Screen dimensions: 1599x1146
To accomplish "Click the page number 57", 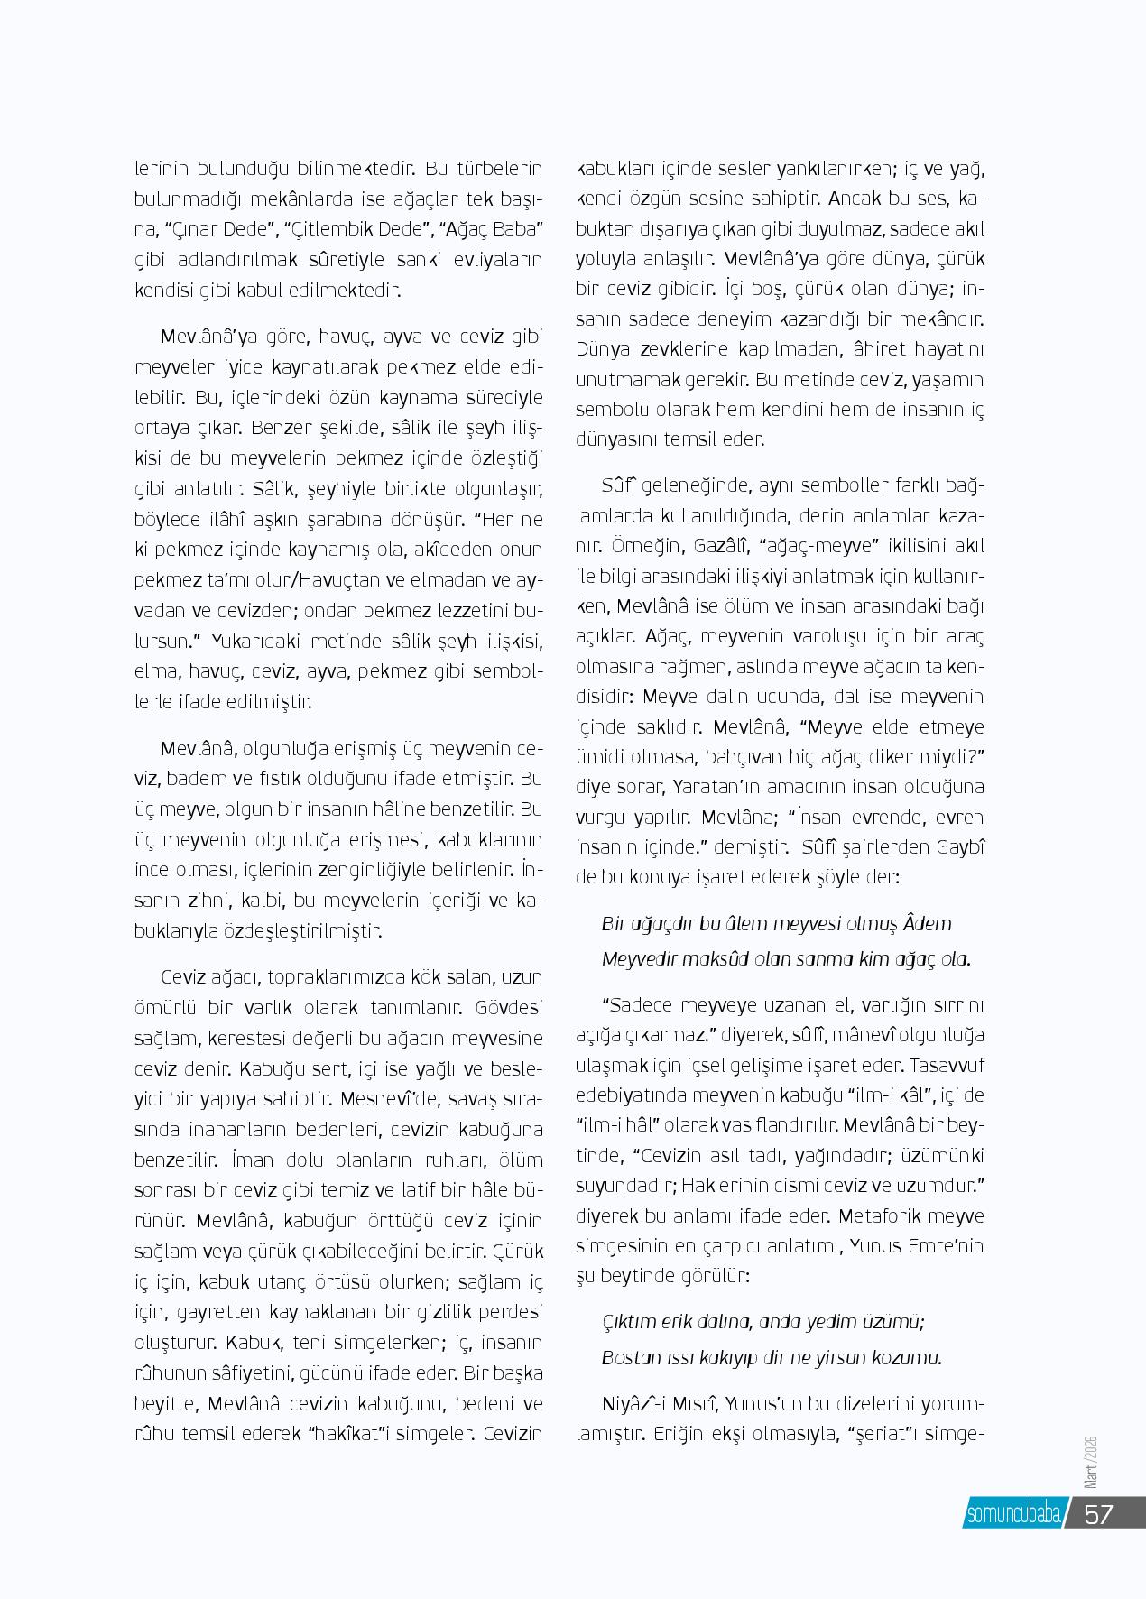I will click(x=1098, y=1513).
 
